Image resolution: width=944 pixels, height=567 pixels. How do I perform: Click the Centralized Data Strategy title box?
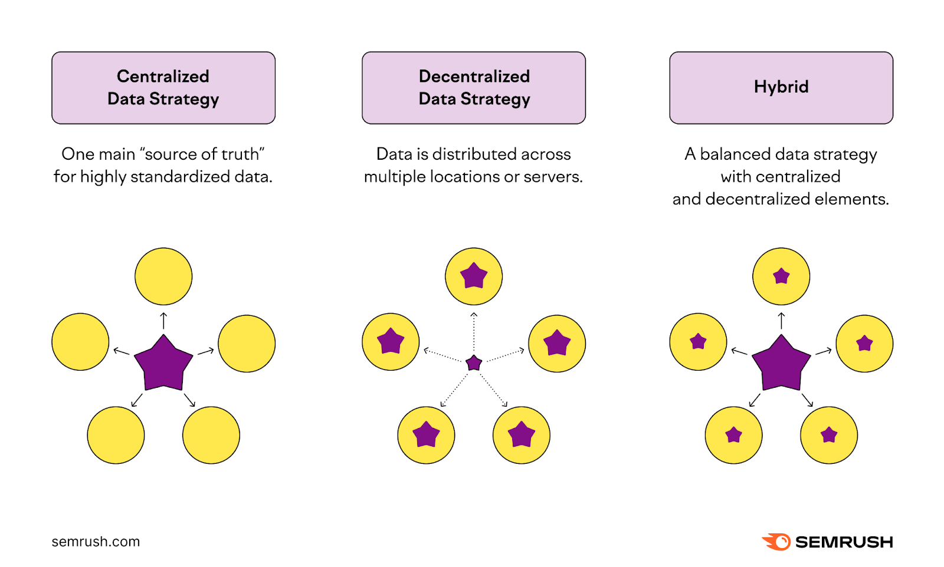(163, 88)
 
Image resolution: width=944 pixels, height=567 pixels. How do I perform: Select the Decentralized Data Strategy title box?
(474, 88)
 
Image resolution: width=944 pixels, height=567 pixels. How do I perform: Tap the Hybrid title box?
(781, 88)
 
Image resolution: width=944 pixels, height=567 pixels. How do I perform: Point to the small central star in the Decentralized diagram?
(474, 363)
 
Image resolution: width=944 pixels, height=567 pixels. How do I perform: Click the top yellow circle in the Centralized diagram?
(163, 276)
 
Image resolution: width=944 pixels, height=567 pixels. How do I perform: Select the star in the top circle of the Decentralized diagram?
(474, 275)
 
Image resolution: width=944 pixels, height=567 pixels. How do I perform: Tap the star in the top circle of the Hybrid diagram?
(781, 276)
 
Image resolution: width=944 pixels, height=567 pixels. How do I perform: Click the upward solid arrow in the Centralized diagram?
(163, 321)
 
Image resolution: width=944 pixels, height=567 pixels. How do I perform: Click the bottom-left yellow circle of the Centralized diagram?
(116, 435)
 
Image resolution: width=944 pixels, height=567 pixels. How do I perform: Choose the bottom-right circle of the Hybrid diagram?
(829, 435)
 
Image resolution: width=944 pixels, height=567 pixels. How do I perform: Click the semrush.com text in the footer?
(96, 542)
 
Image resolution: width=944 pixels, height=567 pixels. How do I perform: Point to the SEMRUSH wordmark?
(844, 542)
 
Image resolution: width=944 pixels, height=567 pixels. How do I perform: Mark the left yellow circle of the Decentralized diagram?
(391, 342)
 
